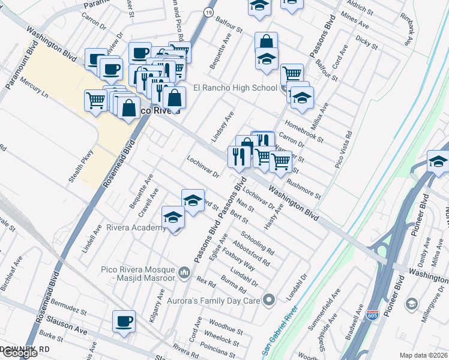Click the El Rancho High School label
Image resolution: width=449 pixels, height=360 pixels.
pyautogui.click(x=235, y=88)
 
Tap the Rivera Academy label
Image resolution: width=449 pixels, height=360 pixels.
pyautogui.click(x=136, y=228)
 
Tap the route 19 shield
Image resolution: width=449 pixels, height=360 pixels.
pyautogui.click(x=208, y=11)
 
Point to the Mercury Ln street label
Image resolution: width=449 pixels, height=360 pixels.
pyautogui.click(x=34, y=87)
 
